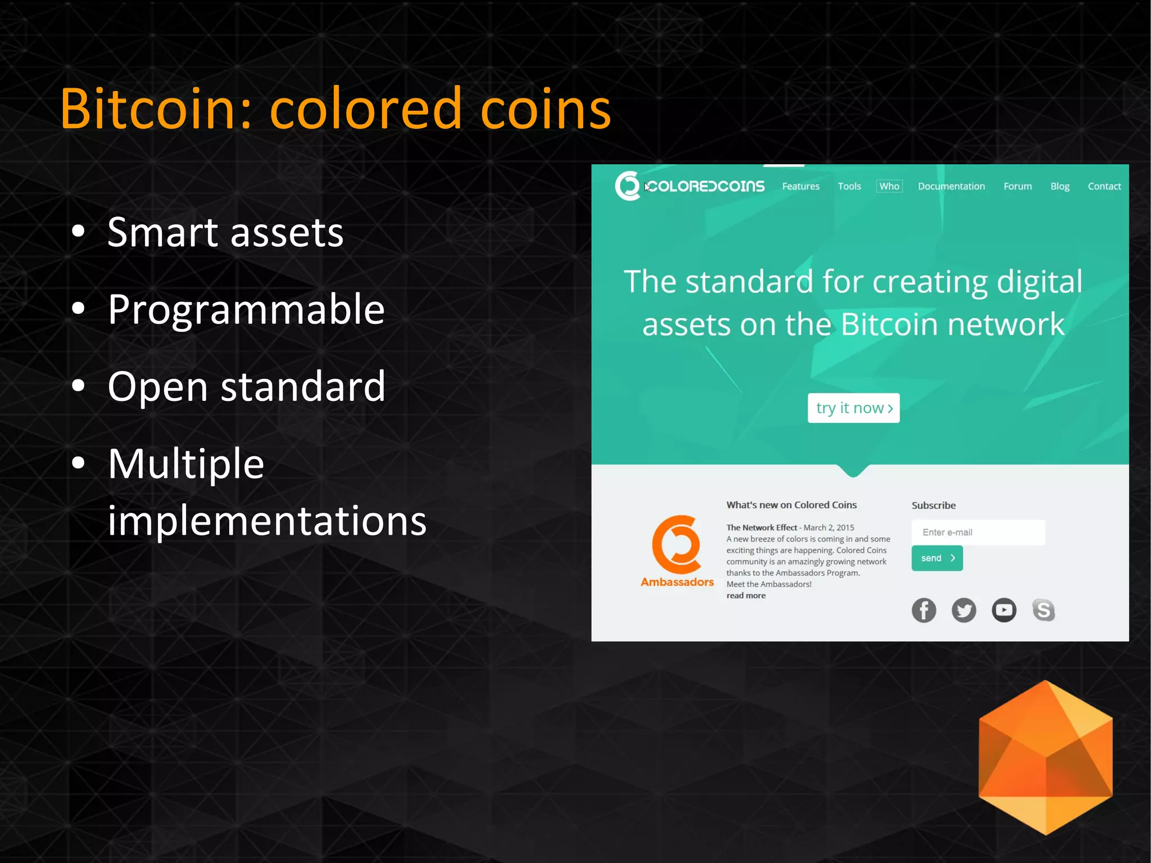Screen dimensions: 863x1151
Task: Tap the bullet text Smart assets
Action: tap(225, 232)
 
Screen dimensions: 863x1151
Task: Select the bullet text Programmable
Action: tap(246, 309)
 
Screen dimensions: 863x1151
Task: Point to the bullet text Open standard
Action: tap(246, 386)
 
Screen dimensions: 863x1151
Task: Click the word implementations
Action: tap(267, 521)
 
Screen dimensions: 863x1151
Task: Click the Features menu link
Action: tap(800, 186)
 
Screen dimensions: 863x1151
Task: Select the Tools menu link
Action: tap(849, 186)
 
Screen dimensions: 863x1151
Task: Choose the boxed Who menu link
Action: tap(889, 186)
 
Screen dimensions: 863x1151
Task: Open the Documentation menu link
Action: tap(951, 186)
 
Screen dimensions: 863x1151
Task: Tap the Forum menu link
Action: tap(1017, 186)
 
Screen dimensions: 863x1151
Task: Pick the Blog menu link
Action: tap(1059, 186)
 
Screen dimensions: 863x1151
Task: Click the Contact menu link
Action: tap(1104, 186)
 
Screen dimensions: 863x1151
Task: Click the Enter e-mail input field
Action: tap(978, 532)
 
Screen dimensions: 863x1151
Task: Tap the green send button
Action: tap(937, 558)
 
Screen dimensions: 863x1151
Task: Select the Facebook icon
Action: tap(923, 610)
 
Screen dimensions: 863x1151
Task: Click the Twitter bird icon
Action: tap(963, 610)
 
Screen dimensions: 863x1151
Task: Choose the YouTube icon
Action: tap(1004, 610)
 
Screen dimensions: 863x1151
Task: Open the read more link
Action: tap(746, 595)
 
